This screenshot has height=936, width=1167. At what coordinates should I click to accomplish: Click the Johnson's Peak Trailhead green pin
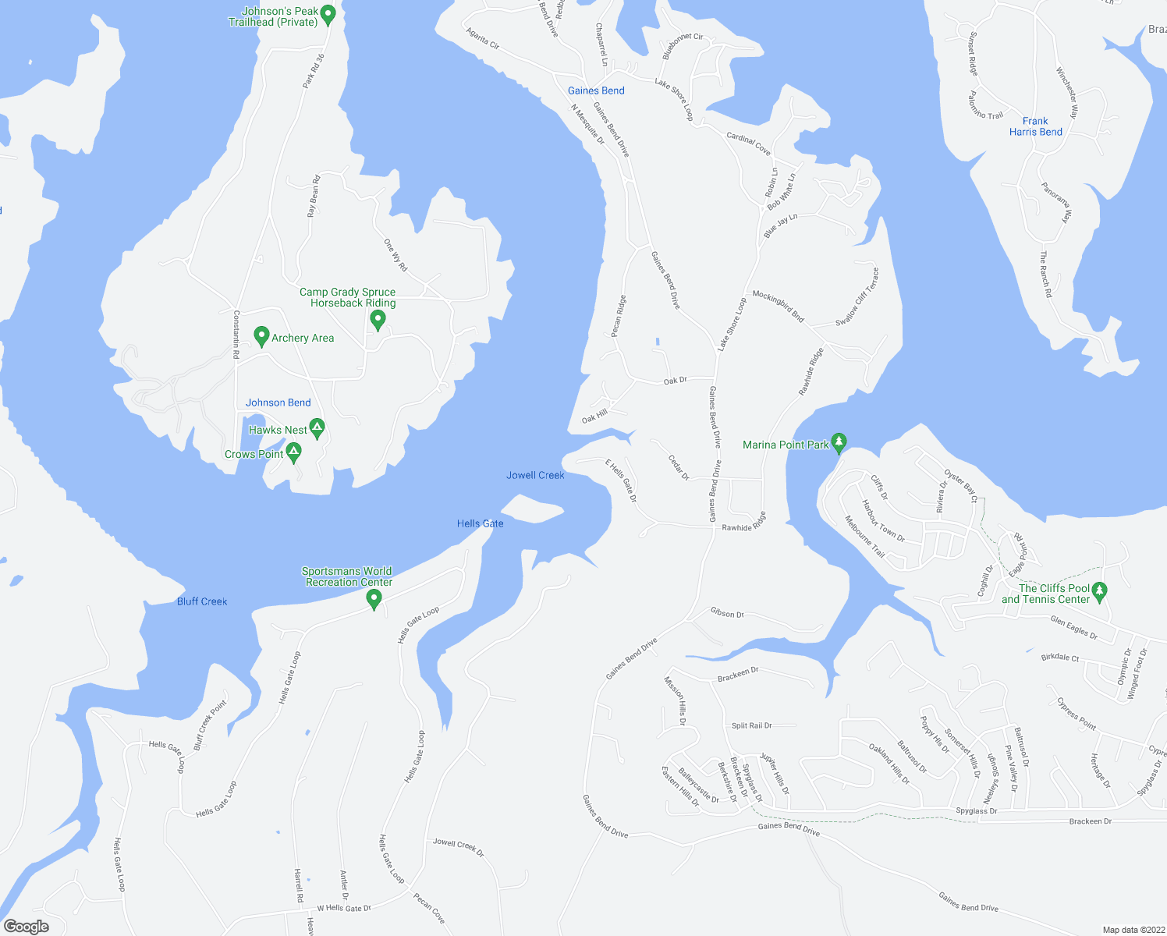[x=328, y=13]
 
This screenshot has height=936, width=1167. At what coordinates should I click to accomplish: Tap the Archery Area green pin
[x=262, y=336]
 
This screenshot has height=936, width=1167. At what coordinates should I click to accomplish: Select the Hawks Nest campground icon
[x=317, y=427]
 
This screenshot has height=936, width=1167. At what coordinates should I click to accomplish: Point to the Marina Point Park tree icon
[x=839, y=442]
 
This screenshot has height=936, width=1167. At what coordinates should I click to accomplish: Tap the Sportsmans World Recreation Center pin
[x=374, y=598]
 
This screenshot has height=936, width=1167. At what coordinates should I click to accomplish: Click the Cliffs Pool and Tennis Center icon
[x=1100, y=591]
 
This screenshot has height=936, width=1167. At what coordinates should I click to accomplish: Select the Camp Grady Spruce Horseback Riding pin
[x=378, y=319]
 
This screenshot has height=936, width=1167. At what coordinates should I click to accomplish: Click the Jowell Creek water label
[x=535, y=475]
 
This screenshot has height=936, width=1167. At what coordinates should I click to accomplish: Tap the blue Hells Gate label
[x=481, y=523]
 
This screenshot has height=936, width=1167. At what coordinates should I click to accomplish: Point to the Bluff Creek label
[x=202, y=601]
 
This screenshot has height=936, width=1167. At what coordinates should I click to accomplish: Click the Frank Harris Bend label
[x=1035, y=126]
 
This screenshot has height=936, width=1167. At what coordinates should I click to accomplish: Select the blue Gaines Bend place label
[x=596, y=90]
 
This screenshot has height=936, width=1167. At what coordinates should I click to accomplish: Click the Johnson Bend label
[x=278, y=402]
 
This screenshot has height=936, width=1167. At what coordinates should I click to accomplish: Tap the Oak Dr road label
[x=676, y=381]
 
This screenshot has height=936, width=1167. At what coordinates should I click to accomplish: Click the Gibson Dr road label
[x=727, y=614]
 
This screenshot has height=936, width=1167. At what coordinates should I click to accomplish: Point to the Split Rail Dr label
[x=752, y=725]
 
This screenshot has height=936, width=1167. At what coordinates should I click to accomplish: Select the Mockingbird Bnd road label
[x=778, y=306]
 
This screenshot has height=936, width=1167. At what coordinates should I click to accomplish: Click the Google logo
[x=27, y=926]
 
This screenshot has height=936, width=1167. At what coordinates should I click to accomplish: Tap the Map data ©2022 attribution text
[x=1132, y=930]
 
